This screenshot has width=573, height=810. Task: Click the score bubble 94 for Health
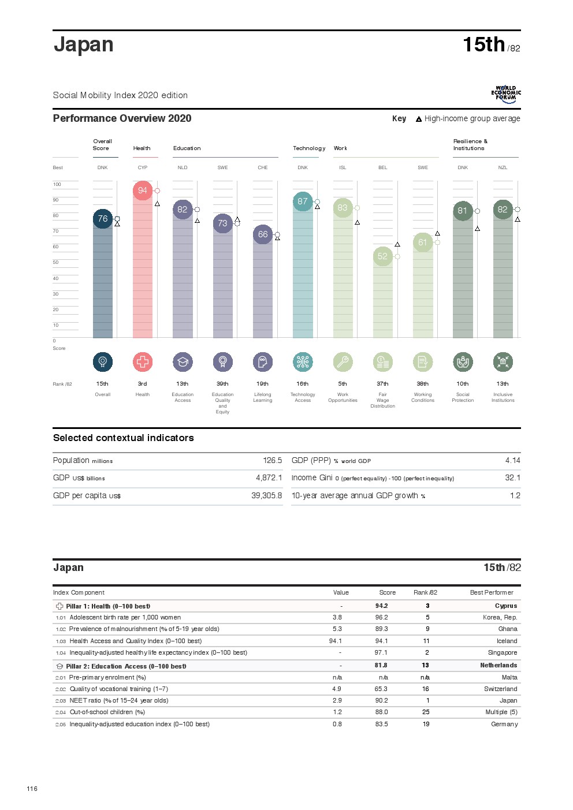[x=143, y=191]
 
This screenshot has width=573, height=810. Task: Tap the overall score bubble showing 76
[x=103, y=219]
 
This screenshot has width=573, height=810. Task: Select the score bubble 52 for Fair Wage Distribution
[x=382, y=256]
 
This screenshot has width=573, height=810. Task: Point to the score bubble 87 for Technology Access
[x=303, y=201]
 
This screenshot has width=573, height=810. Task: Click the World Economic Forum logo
[x=506, y=94]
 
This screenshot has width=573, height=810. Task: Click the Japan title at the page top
[x=84, y=45]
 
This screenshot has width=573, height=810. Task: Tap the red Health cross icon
[x=143, y=362]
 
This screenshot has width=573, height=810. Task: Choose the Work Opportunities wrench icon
[x=343, y=362]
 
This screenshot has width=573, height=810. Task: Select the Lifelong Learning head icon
[x=263, y=362]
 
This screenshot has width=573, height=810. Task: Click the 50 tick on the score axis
[x=56, y=263]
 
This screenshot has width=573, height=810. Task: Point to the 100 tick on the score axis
[x=57, y=185]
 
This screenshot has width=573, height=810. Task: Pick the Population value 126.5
[x=273, y=461]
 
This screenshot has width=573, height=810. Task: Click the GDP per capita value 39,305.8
[x=267, y=496]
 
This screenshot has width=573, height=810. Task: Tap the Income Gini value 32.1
[x=512, y=478]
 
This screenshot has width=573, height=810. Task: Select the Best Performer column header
[x=492, y=593]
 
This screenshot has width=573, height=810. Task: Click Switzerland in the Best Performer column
[x=500, y=689]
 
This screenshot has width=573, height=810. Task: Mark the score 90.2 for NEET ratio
[x=381, y=701]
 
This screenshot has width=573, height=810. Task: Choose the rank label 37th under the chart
[x=382, y=384]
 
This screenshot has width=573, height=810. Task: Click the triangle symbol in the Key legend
[x=419, y=120]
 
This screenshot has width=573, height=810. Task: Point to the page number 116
[x=32, y=789]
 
